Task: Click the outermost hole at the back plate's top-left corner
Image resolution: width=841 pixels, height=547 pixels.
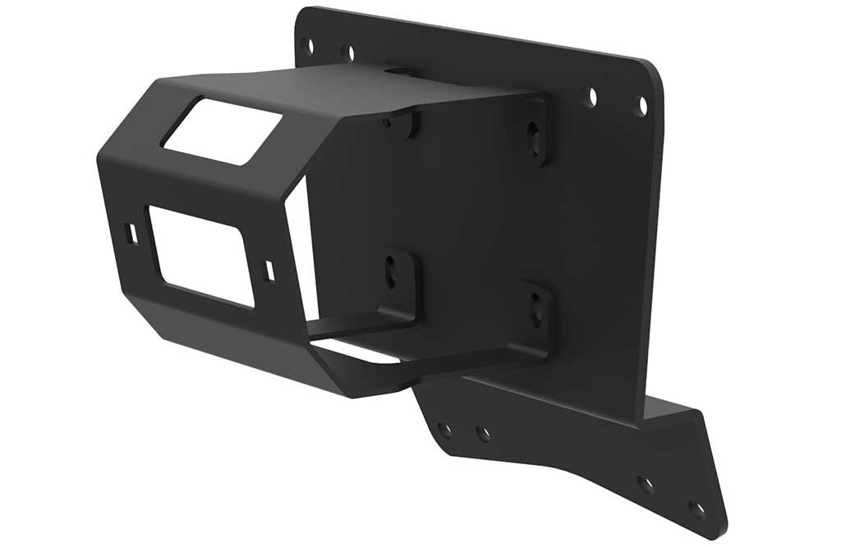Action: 306,44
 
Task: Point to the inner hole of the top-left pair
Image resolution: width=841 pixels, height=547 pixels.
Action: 347,52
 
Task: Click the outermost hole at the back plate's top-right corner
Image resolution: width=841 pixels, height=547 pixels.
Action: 642,105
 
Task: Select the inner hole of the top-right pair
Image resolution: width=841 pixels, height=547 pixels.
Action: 591,97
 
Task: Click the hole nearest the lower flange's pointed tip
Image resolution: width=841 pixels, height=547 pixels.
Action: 697,509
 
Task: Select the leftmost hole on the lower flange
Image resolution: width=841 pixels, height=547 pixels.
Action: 444,429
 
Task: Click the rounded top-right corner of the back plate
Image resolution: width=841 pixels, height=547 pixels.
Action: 653,71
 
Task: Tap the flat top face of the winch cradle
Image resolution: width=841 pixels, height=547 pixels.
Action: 345,90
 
